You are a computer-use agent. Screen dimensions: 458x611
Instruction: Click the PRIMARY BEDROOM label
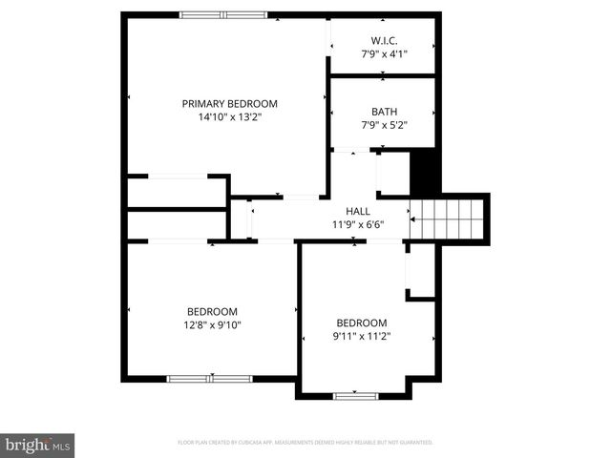(229, 103)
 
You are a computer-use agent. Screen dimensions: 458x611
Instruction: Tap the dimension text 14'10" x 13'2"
(229, 116)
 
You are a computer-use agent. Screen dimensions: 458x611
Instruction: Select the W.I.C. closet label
(384, 40)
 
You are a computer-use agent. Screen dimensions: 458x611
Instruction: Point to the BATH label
(384, 111)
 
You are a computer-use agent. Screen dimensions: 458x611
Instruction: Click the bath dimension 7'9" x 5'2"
(384, 124)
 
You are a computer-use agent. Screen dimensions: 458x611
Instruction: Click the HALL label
(358, 212)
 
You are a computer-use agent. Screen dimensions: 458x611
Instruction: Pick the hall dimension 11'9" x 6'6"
(358, 225)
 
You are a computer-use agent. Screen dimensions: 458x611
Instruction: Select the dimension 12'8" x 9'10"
(212, 324)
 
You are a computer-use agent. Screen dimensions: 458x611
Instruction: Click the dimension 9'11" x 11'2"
(362, 336)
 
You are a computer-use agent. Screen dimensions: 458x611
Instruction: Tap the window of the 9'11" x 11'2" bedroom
(355, 395)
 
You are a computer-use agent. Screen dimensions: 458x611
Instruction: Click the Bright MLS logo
(38, 445)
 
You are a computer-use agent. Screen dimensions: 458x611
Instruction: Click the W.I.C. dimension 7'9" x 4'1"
(384, 53)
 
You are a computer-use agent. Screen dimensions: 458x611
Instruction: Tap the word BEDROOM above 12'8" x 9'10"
(212, 311)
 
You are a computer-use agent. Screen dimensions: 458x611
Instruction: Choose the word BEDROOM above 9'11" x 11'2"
(362, 323)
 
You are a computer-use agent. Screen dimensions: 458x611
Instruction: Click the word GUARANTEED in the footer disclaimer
(412, 443)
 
